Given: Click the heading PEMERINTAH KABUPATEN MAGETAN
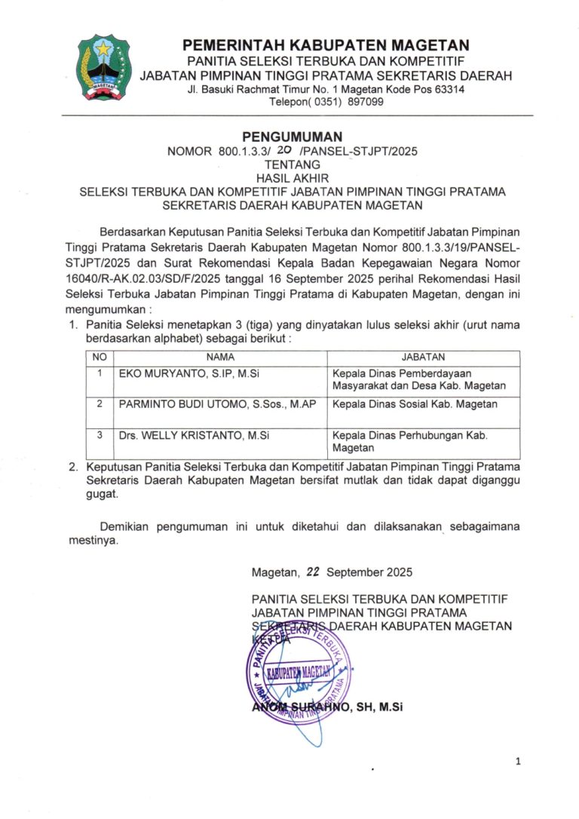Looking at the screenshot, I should click(326, 46).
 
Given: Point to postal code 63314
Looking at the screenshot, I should click(448, 89).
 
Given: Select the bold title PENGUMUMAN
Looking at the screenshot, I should click(293, 136).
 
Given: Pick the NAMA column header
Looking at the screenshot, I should click(220, 357).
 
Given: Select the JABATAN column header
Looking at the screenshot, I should click(423, 357).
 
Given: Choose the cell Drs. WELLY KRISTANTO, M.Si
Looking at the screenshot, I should click(195, 435).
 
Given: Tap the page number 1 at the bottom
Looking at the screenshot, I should click(518, 762).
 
